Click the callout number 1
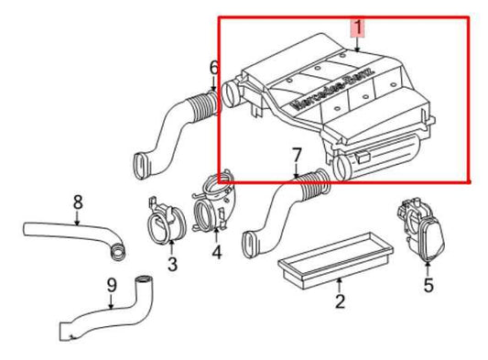tap(358, 27)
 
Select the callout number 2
tap(340, 301)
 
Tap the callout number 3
tap(171, 266)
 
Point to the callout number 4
tap(216, 251)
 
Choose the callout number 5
tap(428, 286)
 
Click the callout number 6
tap(213, 67)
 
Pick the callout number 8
tap(78, 202)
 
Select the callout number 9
tap(112, 286)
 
